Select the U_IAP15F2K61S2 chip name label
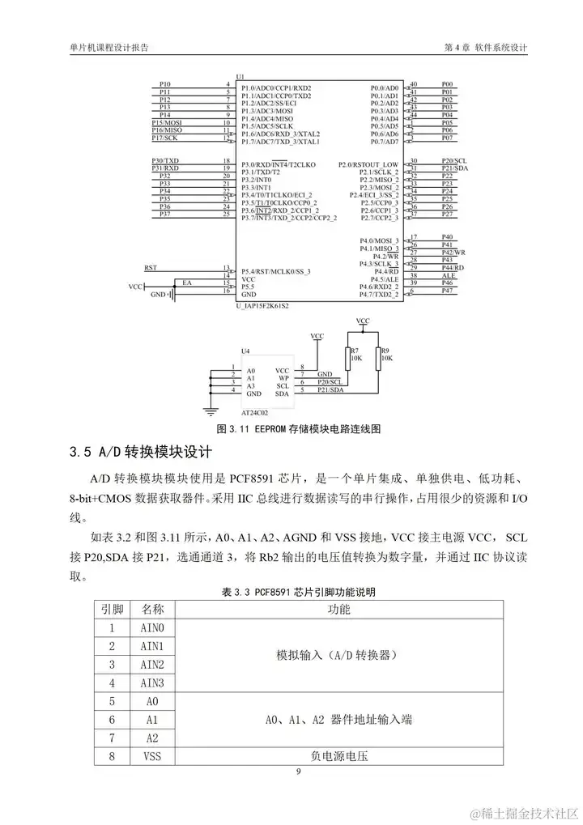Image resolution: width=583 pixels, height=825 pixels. click(262, 307)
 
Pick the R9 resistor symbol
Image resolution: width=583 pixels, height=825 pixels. click(378, 357)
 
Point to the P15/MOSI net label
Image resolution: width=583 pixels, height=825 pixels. click(167, 122)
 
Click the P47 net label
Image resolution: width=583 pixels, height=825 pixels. click(447, 291)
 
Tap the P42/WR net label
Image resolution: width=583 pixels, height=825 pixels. click(453, 253)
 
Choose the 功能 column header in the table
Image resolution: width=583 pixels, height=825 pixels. click(338, 609)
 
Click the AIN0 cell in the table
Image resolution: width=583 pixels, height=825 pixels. click(152, 627)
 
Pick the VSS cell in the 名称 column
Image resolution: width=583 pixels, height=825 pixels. click(152, 756)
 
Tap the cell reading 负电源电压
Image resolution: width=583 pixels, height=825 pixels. click(338, 756)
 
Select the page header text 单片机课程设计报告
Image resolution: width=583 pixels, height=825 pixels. click(109, 48)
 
